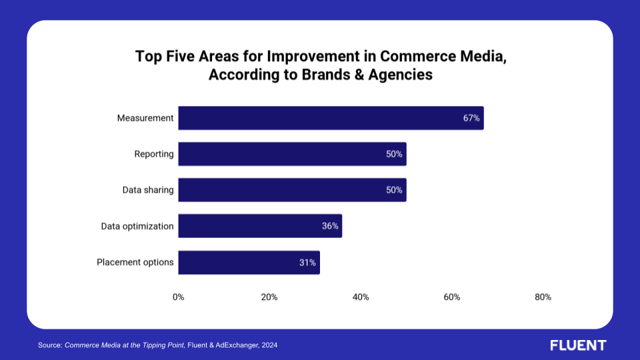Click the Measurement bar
click(331, 118)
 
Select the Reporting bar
click(292, 154)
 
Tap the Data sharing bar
click(292, 190)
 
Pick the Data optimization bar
click(260, 226)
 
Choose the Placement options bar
click(249, 262)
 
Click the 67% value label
click(471, 118)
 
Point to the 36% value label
click(330, 226)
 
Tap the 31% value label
click(307, 262)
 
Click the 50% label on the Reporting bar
click(394, 154)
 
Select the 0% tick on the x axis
click(178, 297)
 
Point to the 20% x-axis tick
click(269, 297)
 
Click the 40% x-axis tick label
click(361, 297)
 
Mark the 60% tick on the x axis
click(452, 297)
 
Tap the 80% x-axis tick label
click(543, 297)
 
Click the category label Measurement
click(145, 118)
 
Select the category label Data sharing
click(148, 190)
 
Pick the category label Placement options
click(135, 262)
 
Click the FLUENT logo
click(578, 345)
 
